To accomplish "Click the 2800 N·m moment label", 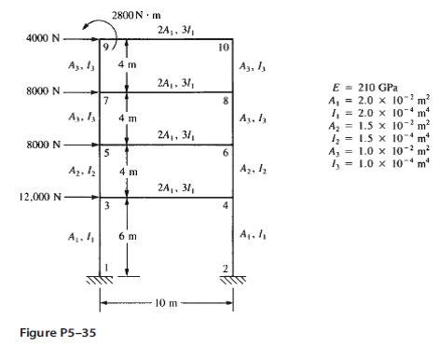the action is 136,15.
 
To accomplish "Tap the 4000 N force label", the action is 43,38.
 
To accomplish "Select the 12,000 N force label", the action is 40,197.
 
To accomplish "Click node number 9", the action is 106,47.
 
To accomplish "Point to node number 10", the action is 224,48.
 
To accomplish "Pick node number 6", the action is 226,153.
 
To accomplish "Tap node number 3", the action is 106,205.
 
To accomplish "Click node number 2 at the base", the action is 226,269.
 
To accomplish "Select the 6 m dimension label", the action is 128,236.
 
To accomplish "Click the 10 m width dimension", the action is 166,303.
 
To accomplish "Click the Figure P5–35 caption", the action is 58,333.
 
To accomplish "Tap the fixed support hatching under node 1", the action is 100,280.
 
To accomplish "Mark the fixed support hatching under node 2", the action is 233,280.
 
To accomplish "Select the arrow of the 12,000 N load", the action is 81,197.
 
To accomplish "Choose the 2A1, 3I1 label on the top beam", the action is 176,30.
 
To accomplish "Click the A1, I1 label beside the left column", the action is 81,238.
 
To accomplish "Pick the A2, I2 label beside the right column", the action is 253,170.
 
